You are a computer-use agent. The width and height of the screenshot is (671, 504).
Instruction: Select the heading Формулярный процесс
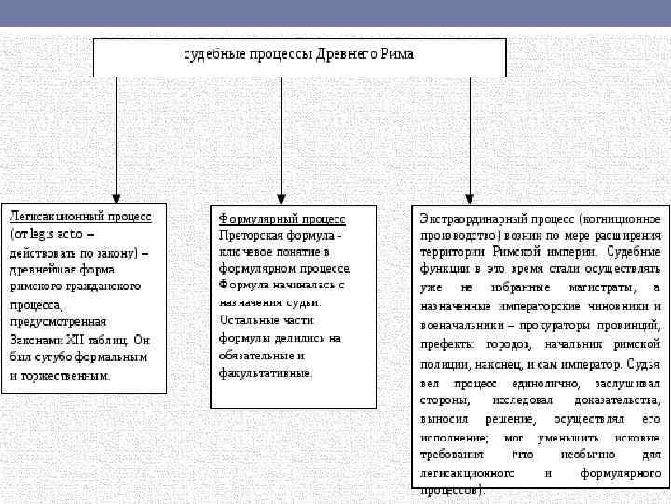click(x=281, y=218)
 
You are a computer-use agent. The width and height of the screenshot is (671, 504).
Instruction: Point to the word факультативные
click(x=266, y=371)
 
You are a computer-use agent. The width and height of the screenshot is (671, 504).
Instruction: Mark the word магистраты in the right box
click(x=590, y=287)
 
